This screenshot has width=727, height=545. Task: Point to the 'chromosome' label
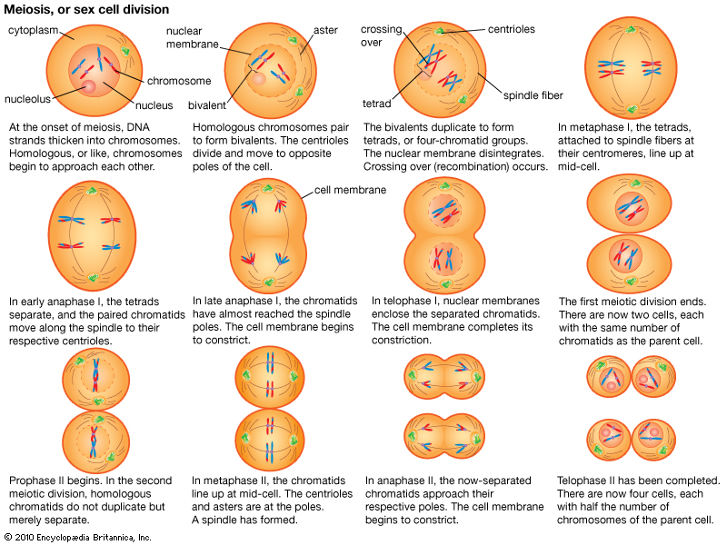point(179,80)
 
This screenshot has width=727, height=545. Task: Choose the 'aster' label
point(325,30)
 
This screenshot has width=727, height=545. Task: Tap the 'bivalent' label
point(206,105)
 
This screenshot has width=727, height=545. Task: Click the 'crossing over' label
point(381,35)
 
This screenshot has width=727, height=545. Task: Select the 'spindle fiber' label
point(533,95)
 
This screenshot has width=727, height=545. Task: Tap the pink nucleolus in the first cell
point(87,87)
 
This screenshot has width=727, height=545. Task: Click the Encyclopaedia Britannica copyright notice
point(77,538)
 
